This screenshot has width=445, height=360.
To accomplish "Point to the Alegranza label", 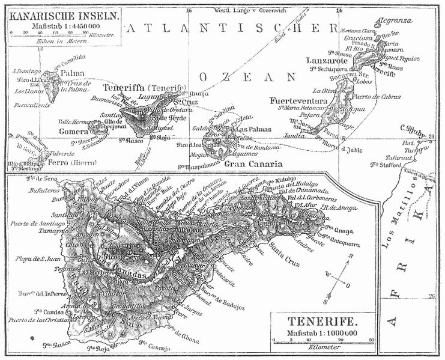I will [x=391, y=20].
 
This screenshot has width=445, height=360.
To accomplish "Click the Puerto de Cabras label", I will [x=377, y=97].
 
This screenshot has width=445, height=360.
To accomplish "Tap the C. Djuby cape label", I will [x=413, y=127].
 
